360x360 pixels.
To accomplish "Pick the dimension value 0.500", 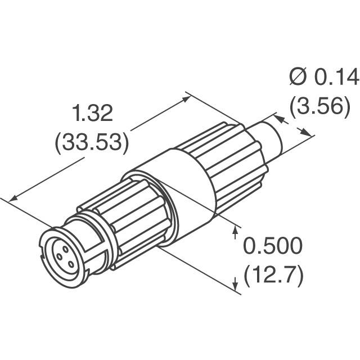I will (x=273, y=246).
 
